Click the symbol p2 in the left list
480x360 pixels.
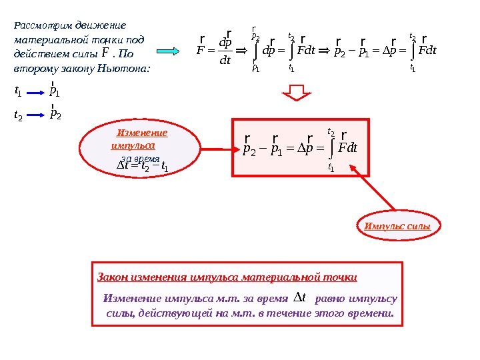point(56,114)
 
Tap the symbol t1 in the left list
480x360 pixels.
point(18,91)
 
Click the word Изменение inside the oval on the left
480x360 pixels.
point(142,133)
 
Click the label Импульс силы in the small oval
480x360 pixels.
point(397,227)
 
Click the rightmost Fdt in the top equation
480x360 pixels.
point(424,51)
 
